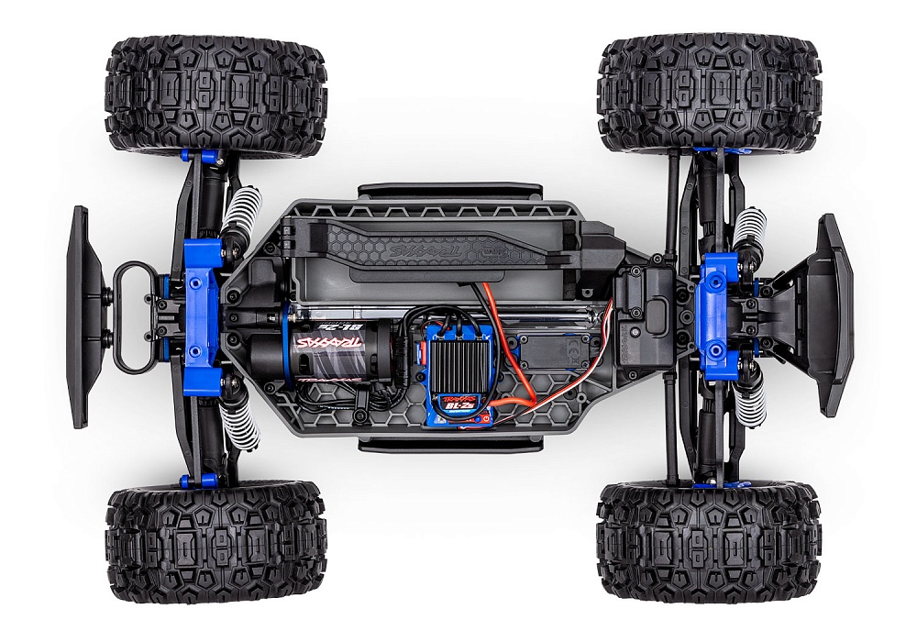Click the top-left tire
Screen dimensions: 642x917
tap(215, 95)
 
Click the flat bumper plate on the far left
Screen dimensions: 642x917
tap(80, 316)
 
